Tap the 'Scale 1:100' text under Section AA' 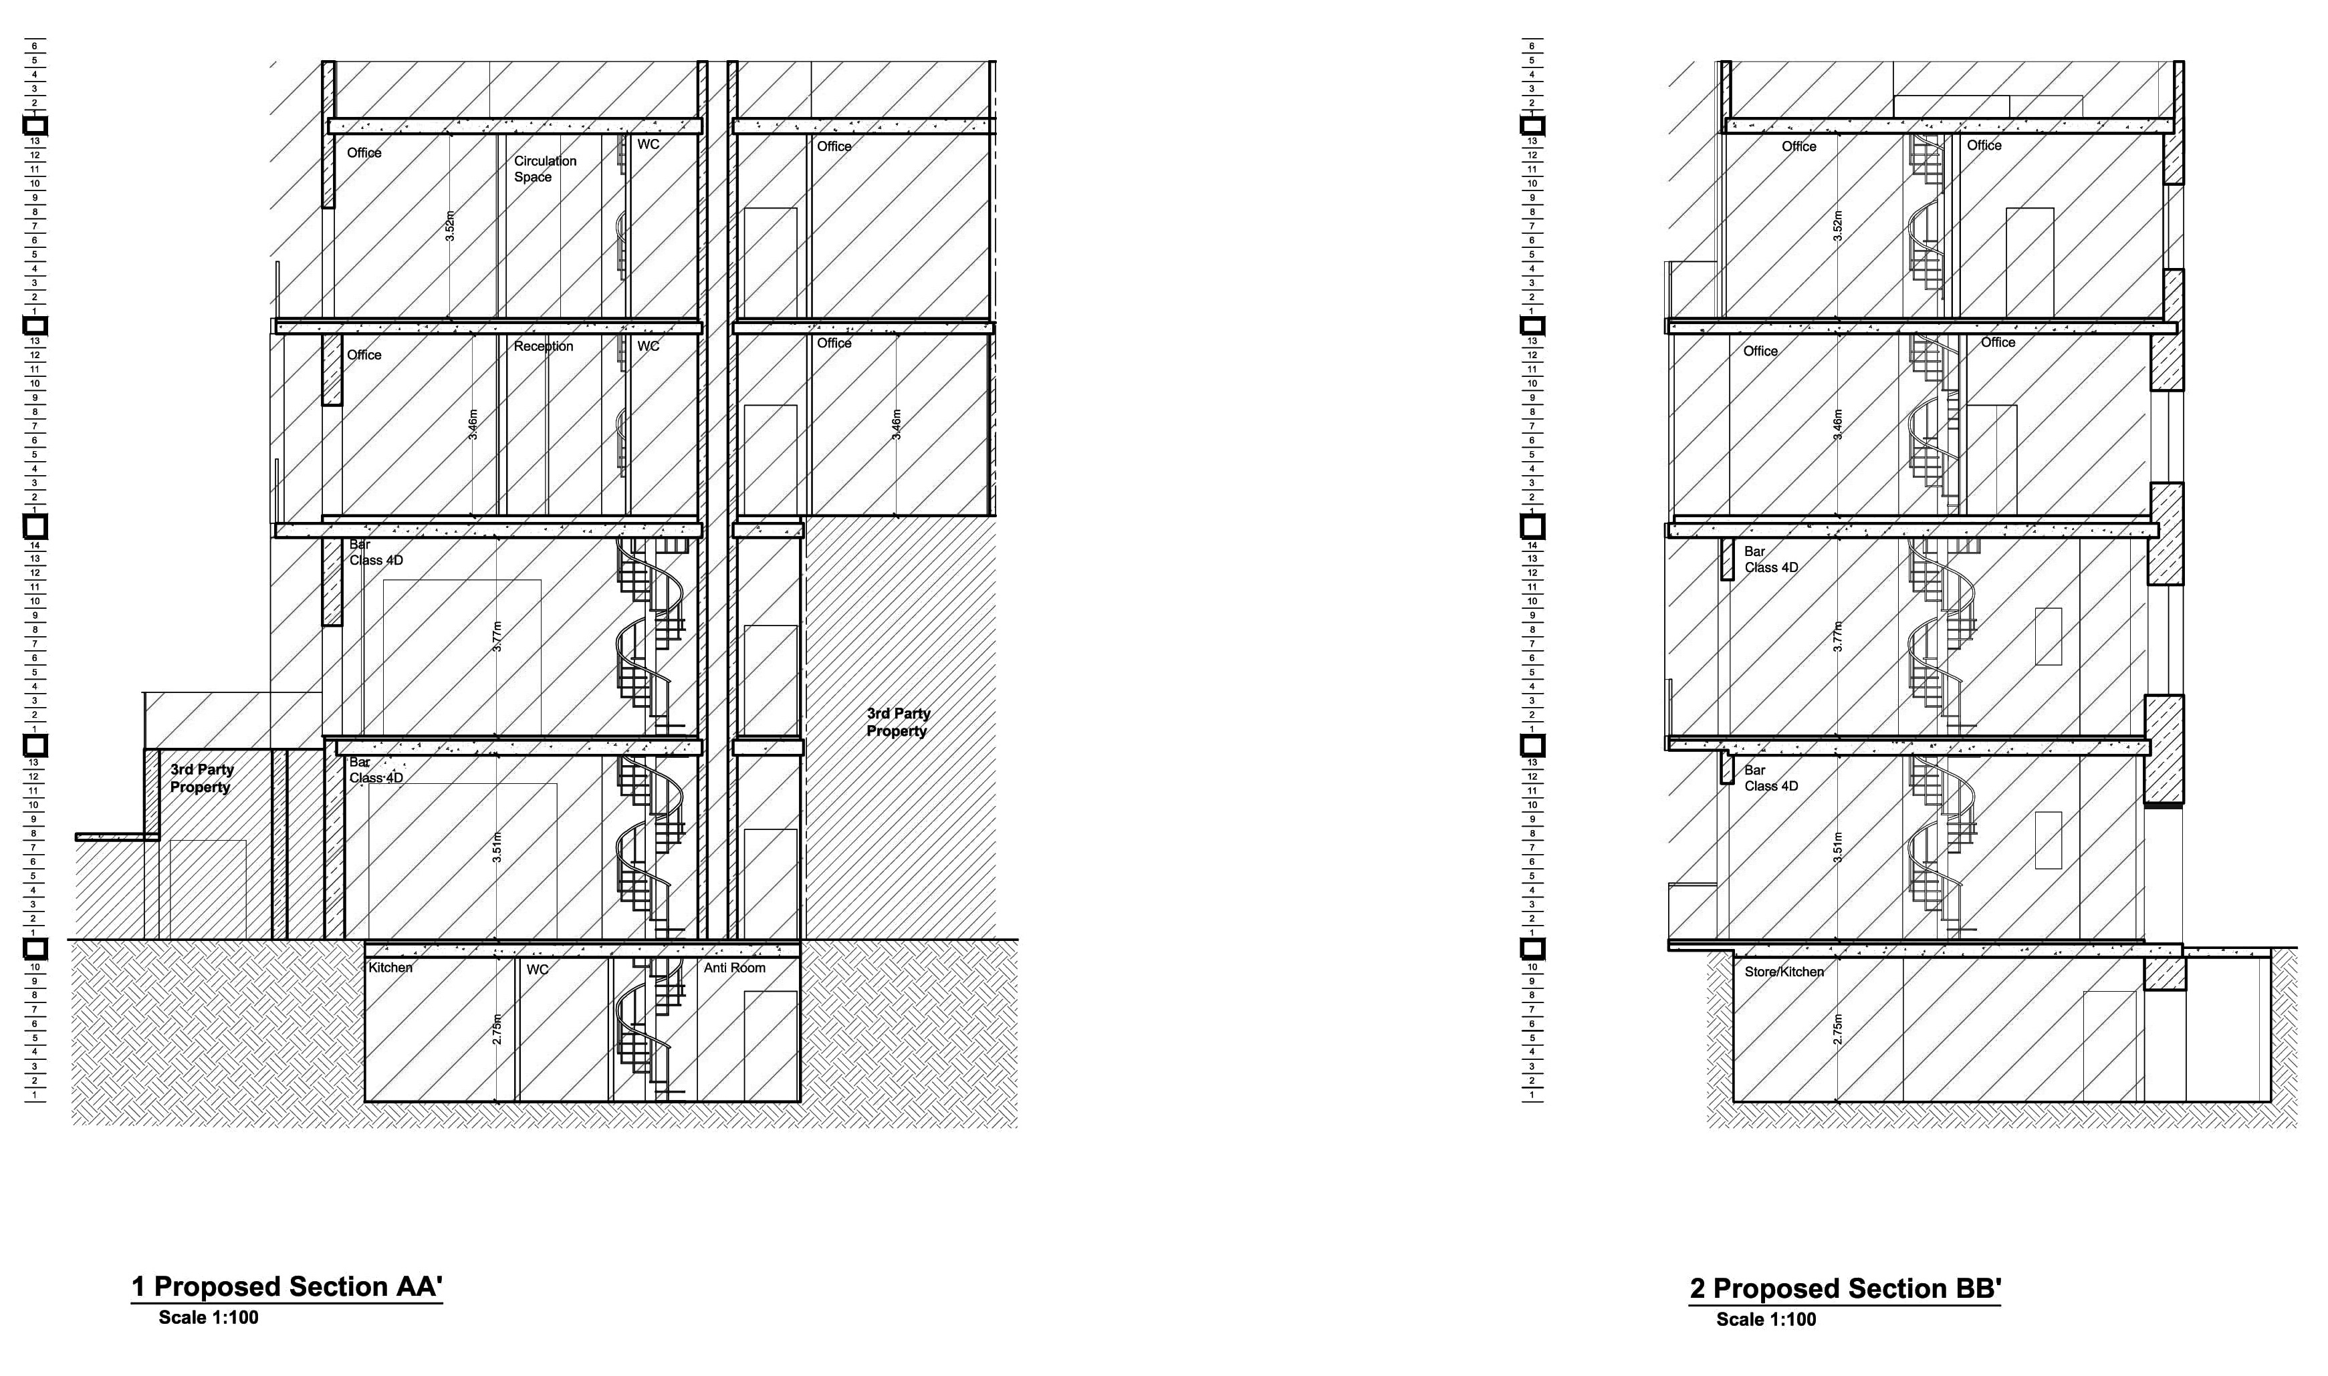click(208, 1318)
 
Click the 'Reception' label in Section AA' click(544, 347)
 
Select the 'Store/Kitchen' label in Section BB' click(1784, 972)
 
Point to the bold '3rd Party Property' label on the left click(201, 779)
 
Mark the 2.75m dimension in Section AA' click(497, 1029)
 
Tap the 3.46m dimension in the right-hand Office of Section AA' click(896, 424)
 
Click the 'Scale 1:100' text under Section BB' click(1766, 1319)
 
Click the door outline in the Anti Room click(770, 1043)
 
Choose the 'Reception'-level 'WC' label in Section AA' click(649, 347)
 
